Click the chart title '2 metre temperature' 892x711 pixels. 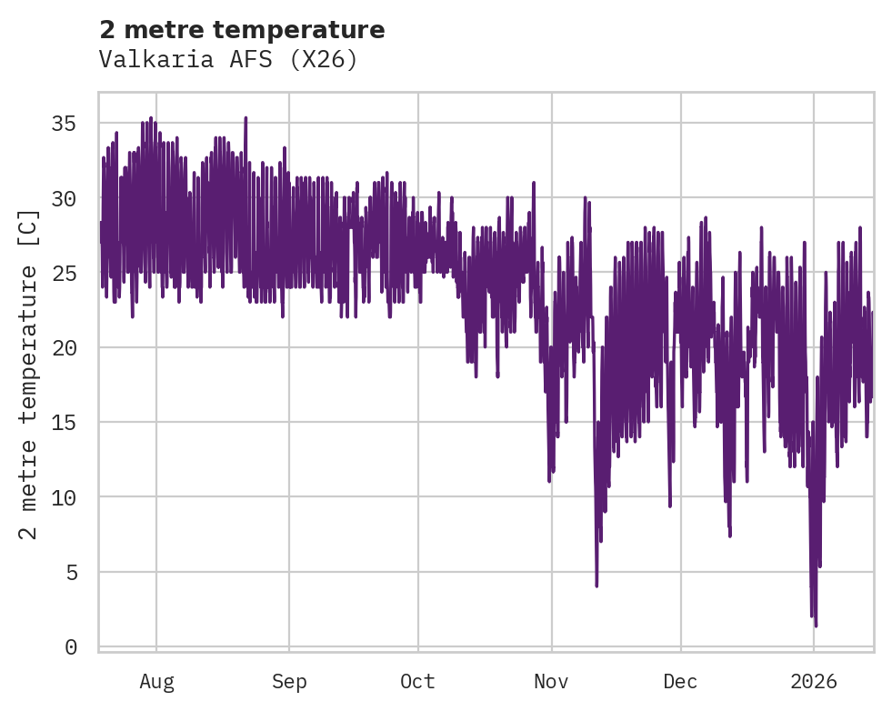click(x=242, y=30)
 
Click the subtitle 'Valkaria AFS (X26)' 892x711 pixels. click(x=228, y=60)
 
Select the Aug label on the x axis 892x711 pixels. click(x=156, y=682)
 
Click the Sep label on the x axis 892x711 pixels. click(x=289, y=682)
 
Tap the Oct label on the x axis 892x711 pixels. click(x=417, y=682)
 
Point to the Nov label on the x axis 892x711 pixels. click(x=551, y=682)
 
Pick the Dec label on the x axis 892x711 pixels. click(x=680, y=682)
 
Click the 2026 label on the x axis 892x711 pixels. click(x=814, y=682)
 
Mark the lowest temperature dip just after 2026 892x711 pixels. click(x=816, y=625)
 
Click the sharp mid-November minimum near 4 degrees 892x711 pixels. click(x=596, y=586)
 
